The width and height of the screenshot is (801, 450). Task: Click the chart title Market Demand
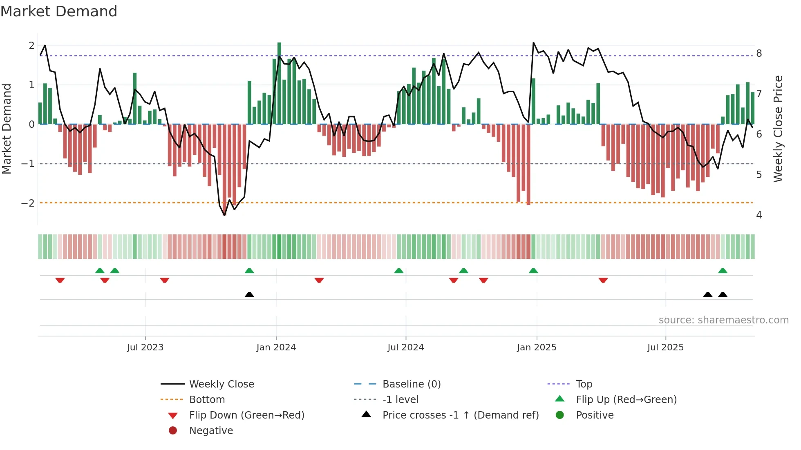pos(59,11)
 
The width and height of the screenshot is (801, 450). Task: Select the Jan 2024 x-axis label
pos(276,348)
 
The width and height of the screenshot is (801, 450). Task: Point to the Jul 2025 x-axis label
pos(665,348)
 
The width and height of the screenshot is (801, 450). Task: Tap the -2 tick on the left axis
pos(28,203)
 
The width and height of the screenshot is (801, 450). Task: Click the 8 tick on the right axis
pos(759,53)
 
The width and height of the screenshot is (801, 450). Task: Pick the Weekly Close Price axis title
pos(778,129)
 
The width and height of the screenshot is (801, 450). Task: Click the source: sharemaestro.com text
pos(723,320)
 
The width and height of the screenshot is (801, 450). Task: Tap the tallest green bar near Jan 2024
pos(279,82)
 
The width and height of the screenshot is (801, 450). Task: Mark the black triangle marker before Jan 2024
pos(249,294)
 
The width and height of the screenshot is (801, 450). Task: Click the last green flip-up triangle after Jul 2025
pos(723,271)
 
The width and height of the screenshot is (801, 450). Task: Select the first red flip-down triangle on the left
pos(60,280)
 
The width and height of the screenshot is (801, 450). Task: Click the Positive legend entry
pos(594,415)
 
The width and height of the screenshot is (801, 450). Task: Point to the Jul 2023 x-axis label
pos(145,348)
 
